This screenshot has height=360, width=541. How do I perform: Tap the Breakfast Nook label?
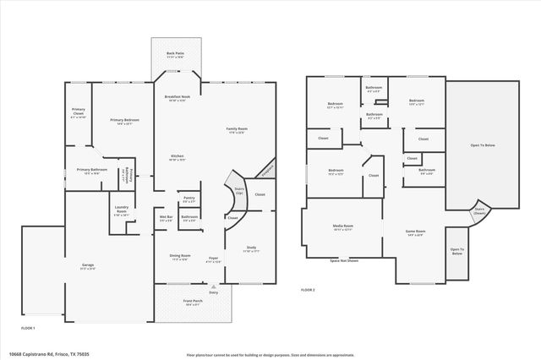[176, 97]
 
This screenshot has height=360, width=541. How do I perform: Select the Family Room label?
[235, 129]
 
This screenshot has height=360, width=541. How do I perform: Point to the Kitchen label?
[177, 156]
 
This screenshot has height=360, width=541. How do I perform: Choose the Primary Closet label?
[79, 113]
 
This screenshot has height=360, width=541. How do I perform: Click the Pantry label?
[189, 199]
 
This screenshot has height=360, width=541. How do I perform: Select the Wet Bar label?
[166, 217]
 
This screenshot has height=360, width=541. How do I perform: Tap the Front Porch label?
[192, 301]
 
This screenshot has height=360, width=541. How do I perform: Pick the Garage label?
[87, 266]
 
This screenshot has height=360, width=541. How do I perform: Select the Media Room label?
[342, 227]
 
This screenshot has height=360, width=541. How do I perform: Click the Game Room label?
[415, 232]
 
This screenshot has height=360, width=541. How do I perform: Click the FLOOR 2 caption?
[308, 290]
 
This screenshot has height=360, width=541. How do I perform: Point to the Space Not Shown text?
[341, 260]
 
